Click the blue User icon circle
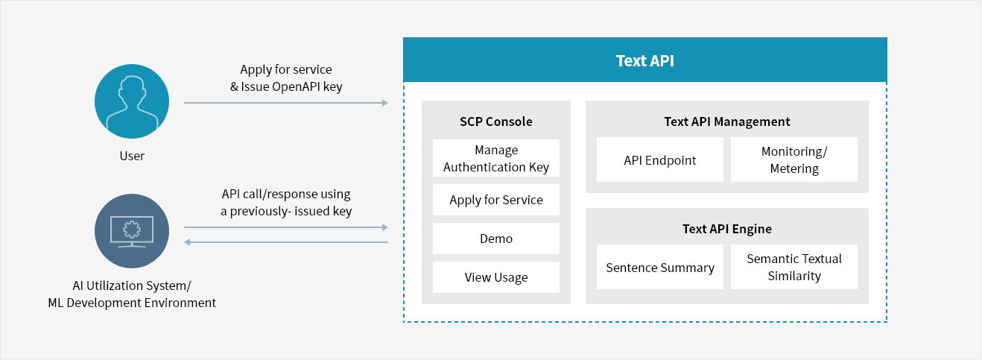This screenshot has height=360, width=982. coord(132,101)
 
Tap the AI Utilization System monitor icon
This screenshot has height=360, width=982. coord(132,231)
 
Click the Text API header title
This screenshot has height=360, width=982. coord(645,60)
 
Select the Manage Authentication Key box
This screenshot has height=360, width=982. coord(495,158)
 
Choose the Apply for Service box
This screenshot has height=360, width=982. coord(495,200)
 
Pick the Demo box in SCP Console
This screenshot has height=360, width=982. coord(495,239)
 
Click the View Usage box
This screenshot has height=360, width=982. coord(495,277)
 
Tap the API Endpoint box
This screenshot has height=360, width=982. coord(660,160)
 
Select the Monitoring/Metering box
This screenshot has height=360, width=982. coord(794,160)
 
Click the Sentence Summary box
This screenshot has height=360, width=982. coord(660,267)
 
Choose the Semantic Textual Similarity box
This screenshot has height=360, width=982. coord(794,267)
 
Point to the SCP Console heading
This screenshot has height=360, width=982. coord(495,121)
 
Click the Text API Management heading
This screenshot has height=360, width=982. coord(727,121)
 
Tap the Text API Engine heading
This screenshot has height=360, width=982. coord(727,229)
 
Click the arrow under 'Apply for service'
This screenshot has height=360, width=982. coord(286,103)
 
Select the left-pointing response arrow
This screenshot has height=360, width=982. coord(286,242)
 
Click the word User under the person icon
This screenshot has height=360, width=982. coord(132,156)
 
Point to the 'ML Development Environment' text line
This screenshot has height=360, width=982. coord(132,303)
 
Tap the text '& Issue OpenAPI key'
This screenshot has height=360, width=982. coord(286,86)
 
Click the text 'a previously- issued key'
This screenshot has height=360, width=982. coord(286,211)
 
